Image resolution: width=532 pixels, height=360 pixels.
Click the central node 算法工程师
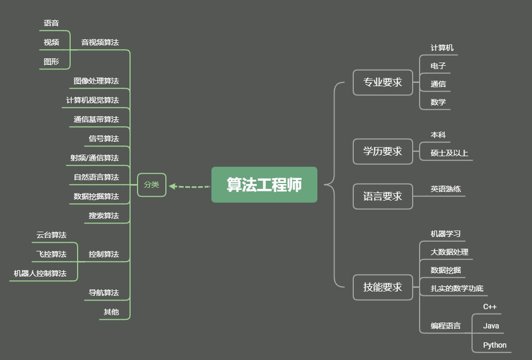264,185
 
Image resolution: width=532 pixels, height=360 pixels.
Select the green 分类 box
151,185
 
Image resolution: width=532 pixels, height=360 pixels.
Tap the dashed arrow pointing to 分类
189,187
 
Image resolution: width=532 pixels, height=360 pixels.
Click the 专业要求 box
383,82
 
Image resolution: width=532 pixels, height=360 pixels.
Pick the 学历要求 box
383,151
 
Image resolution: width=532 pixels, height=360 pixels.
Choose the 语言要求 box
383,196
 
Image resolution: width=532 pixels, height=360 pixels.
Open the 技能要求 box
383,287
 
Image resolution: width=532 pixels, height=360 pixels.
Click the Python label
495,345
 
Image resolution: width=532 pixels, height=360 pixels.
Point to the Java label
491,326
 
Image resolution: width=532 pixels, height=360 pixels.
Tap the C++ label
490,307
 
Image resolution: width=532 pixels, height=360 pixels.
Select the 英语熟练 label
446,189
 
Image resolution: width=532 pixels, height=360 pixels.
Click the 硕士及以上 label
450,153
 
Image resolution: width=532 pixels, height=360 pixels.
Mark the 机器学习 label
446,234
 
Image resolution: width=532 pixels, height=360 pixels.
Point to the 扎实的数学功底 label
457,289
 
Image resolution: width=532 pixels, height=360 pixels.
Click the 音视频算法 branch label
100,42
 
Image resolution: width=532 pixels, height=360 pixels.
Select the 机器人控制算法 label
40,273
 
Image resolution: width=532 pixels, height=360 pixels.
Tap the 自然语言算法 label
96,177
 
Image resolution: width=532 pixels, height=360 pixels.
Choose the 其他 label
111,312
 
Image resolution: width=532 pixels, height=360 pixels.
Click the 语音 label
51,23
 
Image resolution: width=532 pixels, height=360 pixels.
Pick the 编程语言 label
446,325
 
